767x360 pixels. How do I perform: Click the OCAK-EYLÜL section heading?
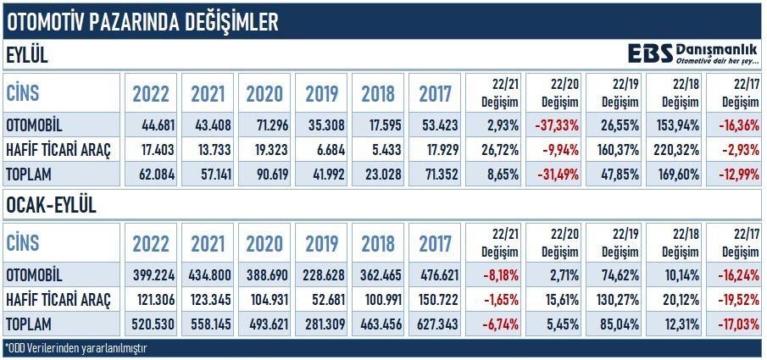51,206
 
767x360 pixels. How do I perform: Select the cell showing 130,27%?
618,300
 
